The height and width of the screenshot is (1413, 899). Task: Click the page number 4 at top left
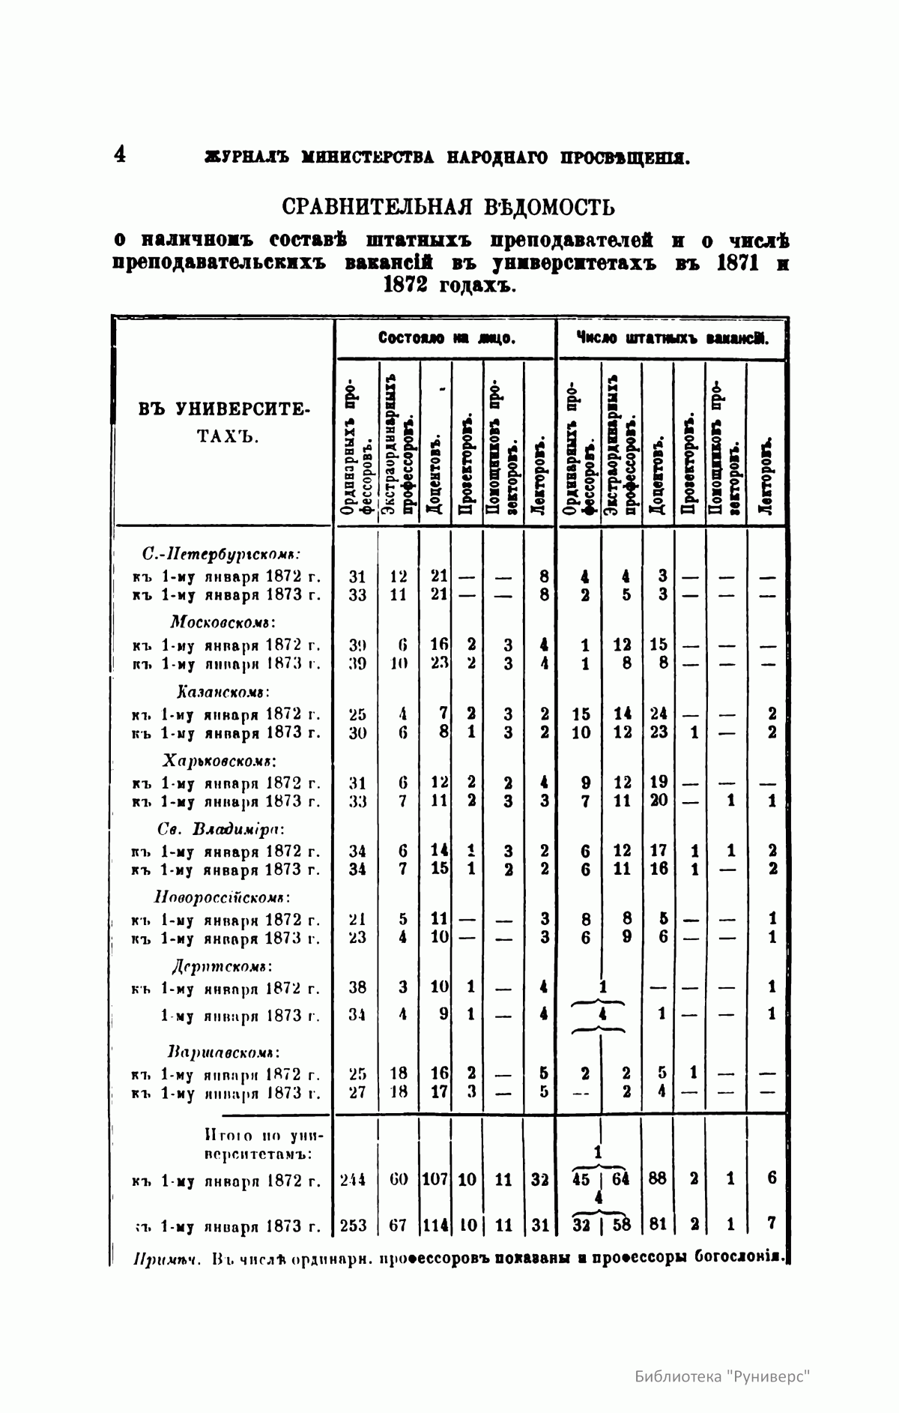point(120,154)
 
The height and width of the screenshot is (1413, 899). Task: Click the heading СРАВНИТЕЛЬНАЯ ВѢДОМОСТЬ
point(448,206)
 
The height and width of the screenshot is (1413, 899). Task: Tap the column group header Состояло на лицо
point(445,339)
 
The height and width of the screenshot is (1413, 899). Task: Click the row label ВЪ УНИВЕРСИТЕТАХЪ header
point(224,423)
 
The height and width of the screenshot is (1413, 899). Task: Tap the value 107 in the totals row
point(435,1180)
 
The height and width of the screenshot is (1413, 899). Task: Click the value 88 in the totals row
point(658,1178)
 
